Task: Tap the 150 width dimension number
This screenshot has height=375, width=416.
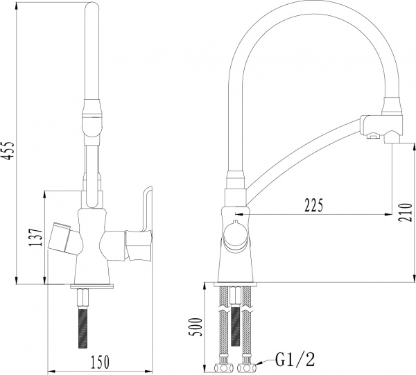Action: coord(101,361)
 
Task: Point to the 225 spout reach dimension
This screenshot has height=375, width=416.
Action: coord(315,206)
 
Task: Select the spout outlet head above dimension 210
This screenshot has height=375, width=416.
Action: coord(381,124)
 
